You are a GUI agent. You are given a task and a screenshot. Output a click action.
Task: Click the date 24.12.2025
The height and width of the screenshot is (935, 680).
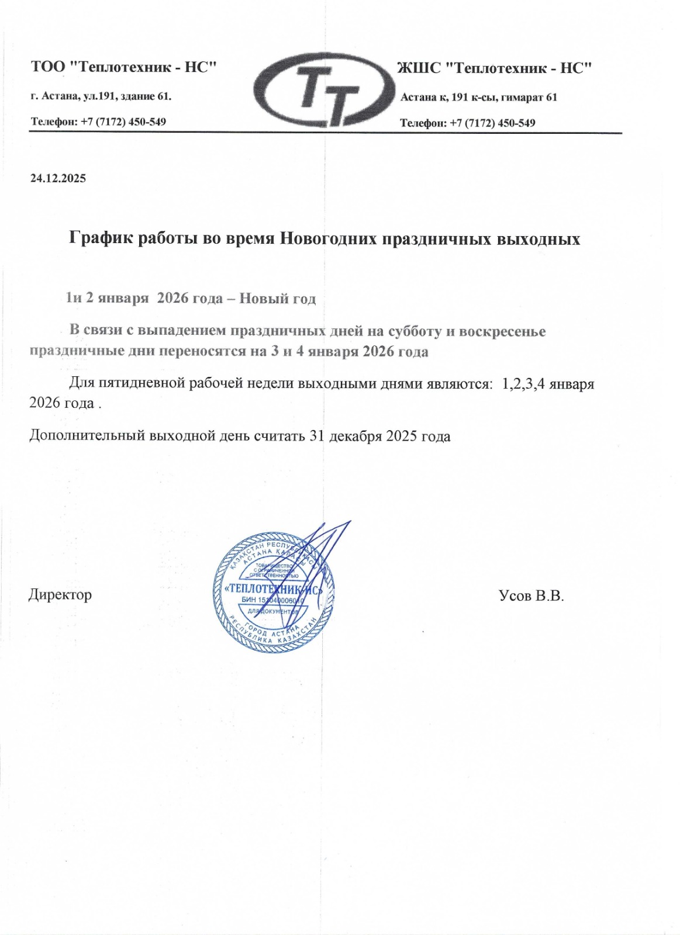click(x=58, y=179)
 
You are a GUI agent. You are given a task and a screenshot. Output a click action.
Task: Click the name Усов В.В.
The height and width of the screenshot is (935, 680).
click(x=531, y=595)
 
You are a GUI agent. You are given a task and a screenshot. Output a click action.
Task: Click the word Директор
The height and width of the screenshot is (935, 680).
click(x=60, y=595)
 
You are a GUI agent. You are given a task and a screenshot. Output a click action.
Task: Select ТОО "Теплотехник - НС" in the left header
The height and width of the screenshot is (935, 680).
click(x=124, y=67)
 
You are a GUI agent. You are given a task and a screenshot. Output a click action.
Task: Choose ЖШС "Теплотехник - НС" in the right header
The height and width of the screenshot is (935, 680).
click(x=495, y=68)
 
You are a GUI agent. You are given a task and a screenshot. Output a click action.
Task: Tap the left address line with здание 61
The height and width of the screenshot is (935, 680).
click(x=101, y=96)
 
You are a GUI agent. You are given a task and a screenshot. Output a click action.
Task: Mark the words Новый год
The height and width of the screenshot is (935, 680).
click(x=278, y=299)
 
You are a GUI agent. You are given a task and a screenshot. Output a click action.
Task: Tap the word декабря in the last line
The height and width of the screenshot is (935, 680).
click(x=355, y=437)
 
